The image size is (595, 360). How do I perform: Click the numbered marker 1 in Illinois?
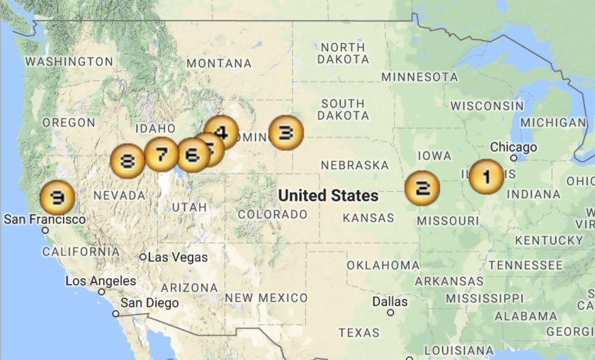click(487, 176)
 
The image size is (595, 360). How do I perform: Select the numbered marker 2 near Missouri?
click(422, 188)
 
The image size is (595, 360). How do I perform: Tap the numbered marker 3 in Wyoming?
click(286, 133)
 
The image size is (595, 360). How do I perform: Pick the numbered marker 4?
click(222, 131)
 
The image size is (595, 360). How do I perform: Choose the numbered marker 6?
click(193, 155)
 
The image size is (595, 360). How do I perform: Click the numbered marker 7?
click(161, 154)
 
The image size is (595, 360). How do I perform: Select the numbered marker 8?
click(127, 162)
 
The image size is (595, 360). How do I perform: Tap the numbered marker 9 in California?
click(57, 198)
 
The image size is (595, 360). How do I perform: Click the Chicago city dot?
click(514, 158)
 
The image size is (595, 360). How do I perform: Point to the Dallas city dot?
click(390, 313)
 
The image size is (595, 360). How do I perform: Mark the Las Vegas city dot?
click(143, 257)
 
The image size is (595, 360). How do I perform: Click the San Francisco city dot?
click(45, 230)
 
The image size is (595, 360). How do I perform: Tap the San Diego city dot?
click(115, 313)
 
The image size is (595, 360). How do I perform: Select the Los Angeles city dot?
click(101, 291)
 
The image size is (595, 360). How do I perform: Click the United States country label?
click(328, 195)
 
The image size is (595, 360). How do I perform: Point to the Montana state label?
click(219, 63)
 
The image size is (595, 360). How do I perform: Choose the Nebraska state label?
click(355, 165)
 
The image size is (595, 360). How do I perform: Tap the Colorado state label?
click(273, 214)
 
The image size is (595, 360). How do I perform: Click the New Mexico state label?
click(266, 298)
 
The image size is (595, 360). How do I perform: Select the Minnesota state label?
click(420, 77)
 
